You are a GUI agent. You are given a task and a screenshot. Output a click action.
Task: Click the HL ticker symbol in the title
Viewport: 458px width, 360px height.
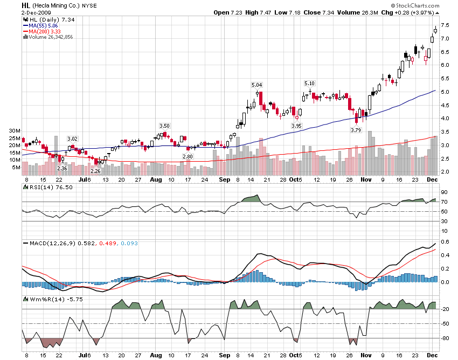(26, 5)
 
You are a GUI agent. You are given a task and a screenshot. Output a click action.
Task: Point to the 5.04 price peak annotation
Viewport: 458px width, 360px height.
(257, 85)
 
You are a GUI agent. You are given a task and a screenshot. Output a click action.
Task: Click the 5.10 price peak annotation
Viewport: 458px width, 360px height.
(309, 84)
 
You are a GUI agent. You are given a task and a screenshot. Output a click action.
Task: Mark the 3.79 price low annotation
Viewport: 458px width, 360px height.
(356, 130)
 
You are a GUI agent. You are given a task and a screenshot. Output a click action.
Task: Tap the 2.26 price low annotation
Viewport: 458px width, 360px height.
(95, 171)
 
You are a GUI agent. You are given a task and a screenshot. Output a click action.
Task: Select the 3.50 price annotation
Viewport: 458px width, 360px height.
(164, 126)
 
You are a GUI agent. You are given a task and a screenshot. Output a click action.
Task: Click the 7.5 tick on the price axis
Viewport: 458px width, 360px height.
(445, 25)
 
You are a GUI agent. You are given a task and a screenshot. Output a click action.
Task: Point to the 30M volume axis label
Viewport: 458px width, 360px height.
(15, 131)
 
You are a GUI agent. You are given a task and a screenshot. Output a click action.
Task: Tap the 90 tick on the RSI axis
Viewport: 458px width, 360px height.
(445, 192)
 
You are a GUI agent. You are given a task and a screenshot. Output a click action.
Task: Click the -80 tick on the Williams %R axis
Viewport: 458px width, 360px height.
(446, 338)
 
